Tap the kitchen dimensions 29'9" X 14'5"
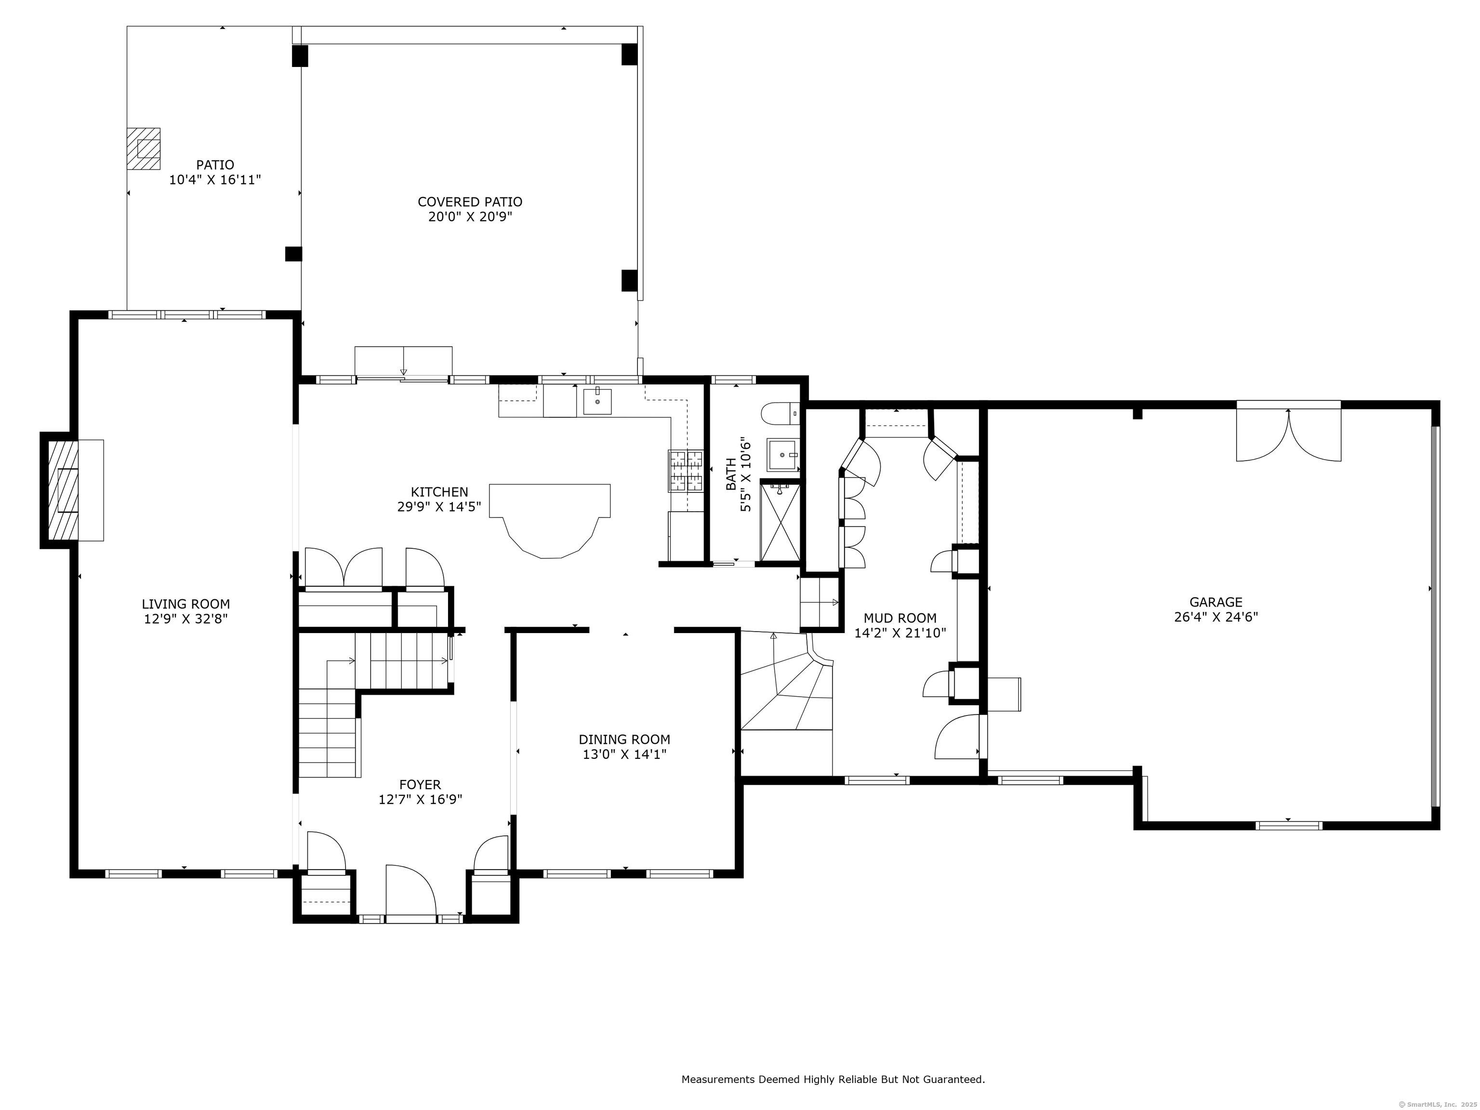coord(439,507)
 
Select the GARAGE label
coord(1216,602)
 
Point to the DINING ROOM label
coord(624,740)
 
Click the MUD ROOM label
coord(900,618)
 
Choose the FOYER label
coord(420,785)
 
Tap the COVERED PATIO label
coord(470,202)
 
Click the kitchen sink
coord(597,401)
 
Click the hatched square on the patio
coord(144,148)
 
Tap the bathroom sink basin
coord(781,455)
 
